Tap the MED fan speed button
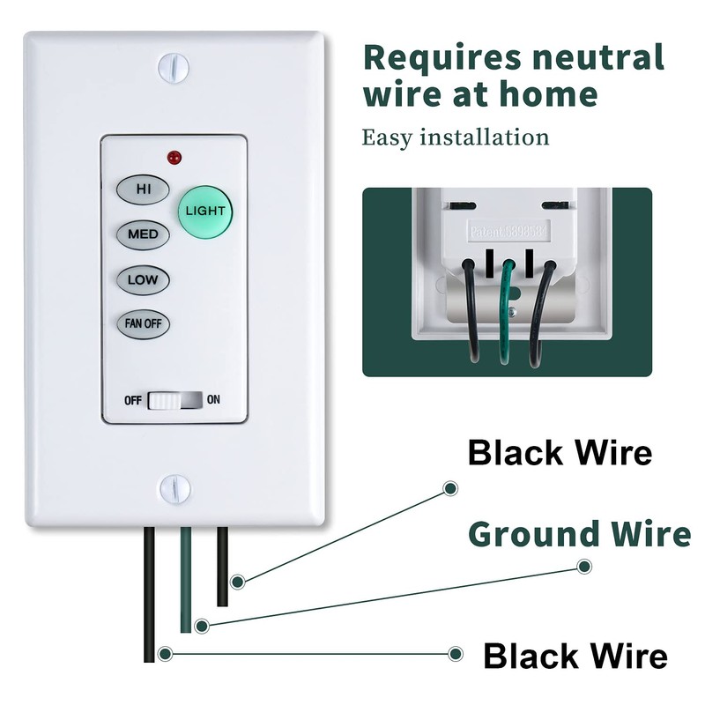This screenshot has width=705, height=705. [143, 234]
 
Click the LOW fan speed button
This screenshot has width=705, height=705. [143, 280]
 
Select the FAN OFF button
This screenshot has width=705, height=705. [143, 323]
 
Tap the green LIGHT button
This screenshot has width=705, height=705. [204, 211]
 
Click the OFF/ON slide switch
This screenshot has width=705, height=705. [174, 400]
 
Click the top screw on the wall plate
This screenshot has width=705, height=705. [174, 67]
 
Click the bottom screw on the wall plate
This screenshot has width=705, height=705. [174, 487]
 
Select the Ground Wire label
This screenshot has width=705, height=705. [579, 534]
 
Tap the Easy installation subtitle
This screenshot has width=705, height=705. [456, 137]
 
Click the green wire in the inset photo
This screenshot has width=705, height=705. [505, 308]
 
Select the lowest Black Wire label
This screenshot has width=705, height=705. [575, 657]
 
